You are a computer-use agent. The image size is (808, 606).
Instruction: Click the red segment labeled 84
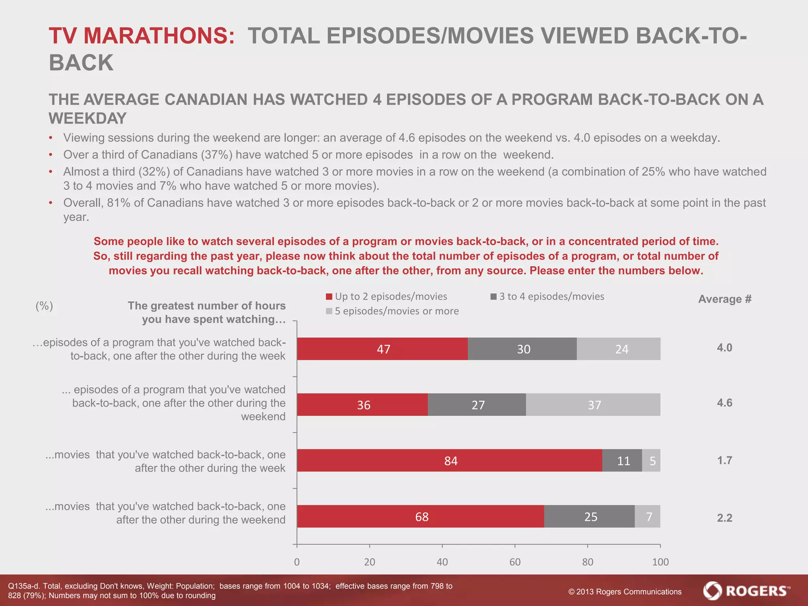click(x=449, y=460)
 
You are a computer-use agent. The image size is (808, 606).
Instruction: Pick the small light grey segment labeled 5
click(x=651, y=460)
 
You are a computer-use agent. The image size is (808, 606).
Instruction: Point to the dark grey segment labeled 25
click(x=589, y=516)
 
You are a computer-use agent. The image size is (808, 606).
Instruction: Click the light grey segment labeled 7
click(x=648, y=516)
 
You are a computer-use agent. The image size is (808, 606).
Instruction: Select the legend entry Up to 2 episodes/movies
click(x=387, y=296)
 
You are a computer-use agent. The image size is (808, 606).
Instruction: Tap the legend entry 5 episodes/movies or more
click(x=392, y=311)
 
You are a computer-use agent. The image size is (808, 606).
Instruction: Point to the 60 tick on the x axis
click(x=515, y=562)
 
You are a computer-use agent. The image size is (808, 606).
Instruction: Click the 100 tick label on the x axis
click(x=660, y=562)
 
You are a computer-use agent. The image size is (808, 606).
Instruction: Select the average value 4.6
click(x=724, y=403)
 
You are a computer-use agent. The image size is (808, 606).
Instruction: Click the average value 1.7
click(x=724, y=460)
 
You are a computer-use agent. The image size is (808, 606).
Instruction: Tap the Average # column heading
click(x=725, y=299)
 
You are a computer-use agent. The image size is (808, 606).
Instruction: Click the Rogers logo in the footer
click(x=746, y=591)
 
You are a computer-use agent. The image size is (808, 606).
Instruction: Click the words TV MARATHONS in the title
click(x=142, y=36)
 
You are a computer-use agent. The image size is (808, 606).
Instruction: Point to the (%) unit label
click(x=44, y=306)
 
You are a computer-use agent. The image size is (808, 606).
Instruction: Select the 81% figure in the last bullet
click(x=118, y=203)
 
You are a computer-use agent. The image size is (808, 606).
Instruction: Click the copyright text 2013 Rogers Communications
click(x=625, y=592)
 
